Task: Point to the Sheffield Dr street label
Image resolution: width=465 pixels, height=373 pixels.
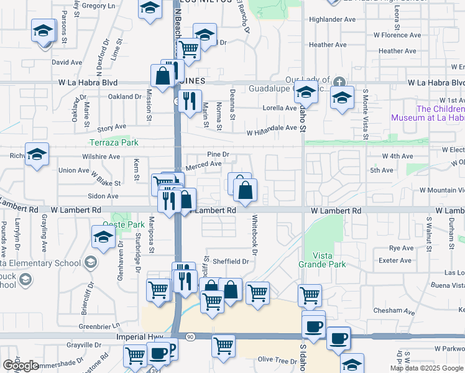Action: (x=231, y=262)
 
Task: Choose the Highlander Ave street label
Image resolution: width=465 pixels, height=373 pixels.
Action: (x=332, y=20)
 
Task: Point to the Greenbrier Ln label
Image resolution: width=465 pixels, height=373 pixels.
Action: (x=99, y=326)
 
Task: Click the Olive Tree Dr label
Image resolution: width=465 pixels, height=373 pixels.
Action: (x=278, y=360)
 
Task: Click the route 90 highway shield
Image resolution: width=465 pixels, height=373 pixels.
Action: (x=190, y=336)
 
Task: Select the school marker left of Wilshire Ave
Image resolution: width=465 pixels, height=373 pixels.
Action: (x=37, y=154)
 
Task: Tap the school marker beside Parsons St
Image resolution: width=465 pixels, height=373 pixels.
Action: (x=44, y=31)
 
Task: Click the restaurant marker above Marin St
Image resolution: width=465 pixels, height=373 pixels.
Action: (x=190, y=99)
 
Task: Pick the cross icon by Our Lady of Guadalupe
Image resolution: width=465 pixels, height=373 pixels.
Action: (x=339, y=80)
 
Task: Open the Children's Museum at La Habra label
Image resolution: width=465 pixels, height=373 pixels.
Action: (x=428, y=113)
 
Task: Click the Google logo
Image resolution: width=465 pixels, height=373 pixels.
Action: (x=21, y=366)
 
